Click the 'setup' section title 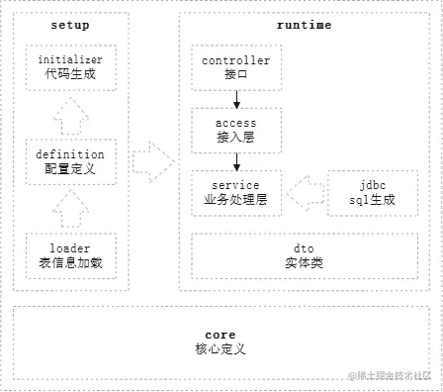(69, 25)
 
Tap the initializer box (69, 66)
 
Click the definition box (69, 161)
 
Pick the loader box (69, 254)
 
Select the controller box (235, 66)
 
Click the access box (235, 130)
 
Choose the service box (235, 192)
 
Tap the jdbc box (374, 192)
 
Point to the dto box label (305, 254)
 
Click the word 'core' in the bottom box (220, 336)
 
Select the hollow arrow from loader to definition (69, 209)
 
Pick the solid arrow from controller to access (235, 98)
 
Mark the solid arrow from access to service (235, 160)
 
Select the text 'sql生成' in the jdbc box (374, 199)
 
